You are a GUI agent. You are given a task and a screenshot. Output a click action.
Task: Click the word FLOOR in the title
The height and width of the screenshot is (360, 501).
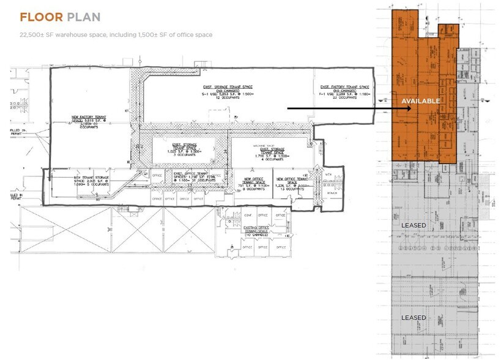coord(41,17)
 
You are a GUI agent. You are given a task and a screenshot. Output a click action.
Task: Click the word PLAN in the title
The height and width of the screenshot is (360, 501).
coord(84,17)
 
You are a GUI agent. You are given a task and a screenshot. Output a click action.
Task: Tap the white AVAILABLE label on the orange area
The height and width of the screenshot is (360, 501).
coord(420,101)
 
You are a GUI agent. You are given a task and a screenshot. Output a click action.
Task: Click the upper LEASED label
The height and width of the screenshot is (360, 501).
coord(414,226)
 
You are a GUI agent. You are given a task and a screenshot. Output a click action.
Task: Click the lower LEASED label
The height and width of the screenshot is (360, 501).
coord(414,318)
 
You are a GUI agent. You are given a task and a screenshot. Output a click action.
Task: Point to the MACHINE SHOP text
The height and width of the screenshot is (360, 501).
coord(265,145)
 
